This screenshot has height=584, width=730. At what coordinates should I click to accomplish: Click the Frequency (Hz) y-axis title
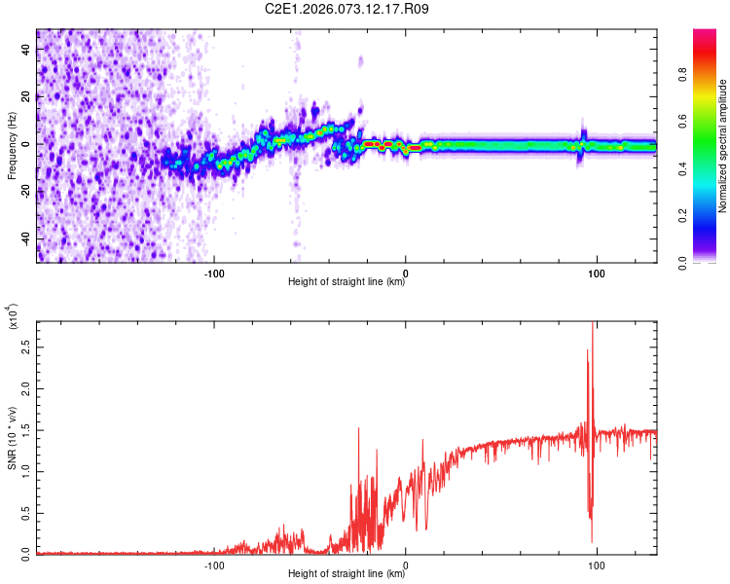[12, 146]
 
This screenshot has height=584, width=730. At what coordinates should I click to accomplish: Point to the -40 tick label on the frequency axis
[26, 238]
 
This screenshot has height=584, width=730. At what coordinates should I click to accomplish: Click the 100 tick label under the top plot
[596, 272]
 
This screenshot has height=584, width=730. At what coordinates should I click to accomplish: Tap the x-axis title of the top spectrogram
[347, 282]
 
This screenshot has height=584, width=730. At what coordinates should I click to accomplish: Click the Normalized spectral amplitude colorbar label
[722, 146]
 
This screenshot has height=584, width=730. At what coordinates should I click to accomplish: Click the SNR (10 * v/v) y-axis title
[12, 438]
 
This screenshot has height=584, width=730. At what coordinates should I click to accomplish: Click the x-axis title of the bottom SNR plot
[347, 574]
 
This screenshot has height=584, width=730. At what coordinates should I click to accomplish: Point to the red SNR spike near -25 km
[359, 429]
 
